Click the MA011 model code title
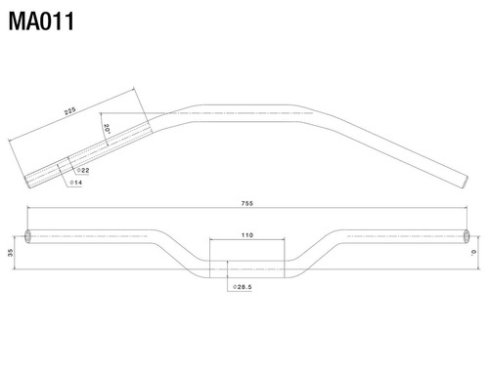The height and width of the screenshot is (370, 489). point(40,21)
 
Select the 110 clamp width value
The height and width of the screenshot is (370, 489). point(245,235)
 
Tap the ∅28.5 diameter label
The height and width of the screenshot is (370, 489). point(244,288)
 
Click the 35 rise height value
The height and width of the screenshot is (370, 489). point(10,253)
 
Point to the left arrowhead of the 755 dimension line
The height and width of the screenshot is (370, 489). point(29,209)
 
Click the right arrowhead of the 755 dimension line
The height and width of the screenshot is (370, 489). point(466,209)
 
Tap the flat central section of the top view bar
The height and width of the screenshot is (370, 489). point(245,111)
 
